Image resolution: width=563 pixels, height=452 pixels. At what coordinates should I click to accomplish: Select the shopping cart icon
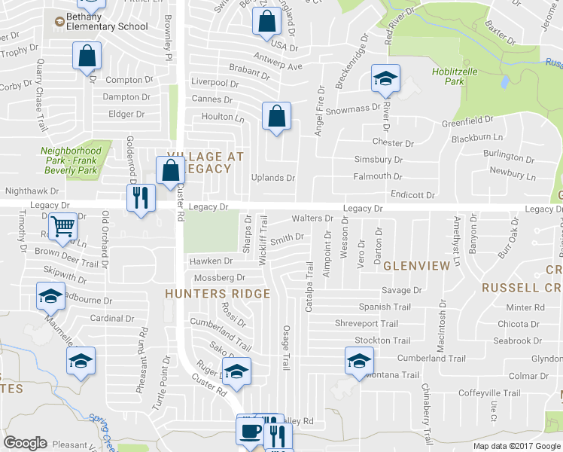coord(62,224)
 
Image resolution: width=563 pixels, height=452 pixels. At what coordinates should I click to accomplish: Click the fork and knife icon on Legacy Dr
coord(140,197)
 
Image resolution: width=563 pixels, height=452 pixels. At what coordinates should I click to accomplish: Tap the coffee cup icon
coord(249,432)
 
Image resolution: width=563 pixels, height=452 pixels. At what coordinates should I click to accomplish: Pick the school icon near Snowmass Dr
coord(385,78)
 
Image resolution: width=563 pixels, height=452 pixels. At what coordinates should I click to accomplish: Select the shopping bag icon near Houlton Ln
coord(276,116)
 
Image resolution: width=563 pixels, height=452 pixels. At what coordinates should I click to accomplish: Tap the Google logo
coord(25,443)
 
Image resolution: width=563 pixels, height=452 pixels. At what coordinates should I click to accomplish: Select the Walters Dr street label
coord(312,218)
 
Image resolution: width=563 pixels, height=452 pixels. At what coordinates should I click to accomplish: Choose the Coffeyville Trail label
coord(490,392)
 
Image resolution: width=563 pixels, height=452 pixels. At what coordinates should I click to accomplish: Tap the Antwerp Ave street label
coord(277,66)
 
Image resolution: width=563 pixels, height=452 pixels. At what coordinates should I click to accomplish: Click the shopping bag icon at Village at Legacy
coord(169,170)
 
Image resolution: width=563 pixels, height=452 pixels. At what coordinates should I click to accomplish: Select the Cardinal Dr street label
coord(111,318)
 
